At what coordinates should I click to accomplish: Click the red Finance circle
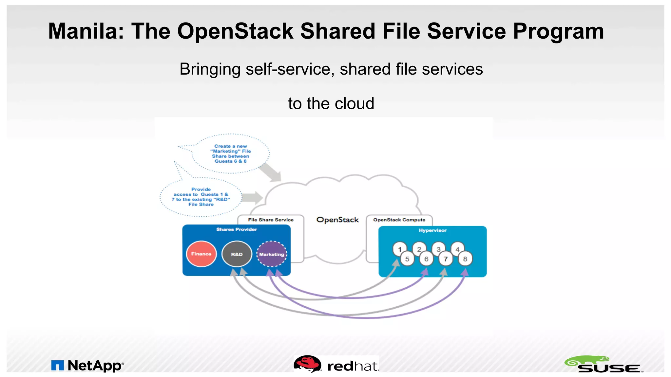pos(201,254)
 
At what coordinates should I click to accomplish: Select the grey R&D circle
pos(237,254)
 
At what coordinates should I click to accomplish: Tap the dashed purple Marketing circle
pos(272,254)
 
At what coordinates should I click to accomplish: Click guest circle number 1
pos(399,249)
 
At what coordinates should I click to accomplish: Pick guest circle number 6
pos(426,259)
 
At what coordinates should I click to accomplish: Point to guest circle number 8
pos(465,259)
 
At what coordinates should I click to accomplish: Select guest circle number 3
pos(438,249)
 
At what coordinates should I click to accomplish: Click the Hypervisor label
pos(432,230)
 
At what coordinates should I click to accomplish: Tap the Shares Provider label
pos(237,229)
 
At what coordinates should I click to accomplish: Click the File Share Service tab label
pos(271,220)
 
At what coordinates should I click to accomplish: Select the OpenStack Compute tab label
pos(399,220)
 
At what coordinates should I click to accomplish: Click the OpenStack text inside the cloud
pos(337,220)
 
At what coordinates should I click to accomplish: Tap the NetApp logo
pos(88,366)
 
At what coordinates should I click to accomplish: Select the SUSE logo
pos(604,365)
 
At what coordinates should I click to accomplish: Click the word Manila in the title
pos(86,31)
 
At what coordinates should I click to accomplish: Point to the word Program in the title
pos(558,31)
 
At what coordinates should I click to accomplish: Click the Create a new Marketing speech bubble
pos(231,153)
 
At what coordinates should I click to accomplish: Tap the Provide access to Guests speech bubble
pos(201,197)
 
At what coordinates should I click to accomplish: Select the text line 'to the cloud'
pos(331,103)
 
